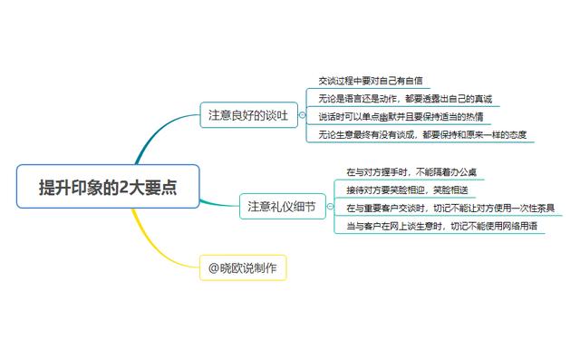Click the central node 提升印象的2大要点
pyautogui.click(x=108, y=186)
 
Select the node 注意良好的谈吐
pyautogui.click(x=248, y=115)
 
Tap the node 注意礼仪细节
pyautogui.click(x=283, y=206)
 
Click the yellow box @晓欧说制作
pyautogui.click(x=243, y=268)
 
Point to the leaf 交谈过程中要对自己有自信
pyautogui.click(x=371, y=81)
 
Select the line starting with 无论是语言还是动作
pyautogui.click(x=405, y=99)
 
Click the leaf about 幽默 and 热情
pyautogui.click(x=401, y=117)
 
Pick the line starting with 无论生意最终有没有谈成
pyautogui.click(x=422, y=134)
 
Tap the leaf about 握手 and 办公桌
pyautogui.click(x=411, y=172)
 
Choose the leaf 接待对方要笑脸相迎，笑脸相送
pyautogui.click(x=407, y=190)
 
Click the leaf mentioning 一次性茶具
pyautogui.click(x=450, y=208)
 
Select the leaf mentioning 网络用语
pyautogui.click(x=441, y=226)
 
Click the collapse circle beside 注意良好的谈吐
pyautogui.click(x=302, y=115)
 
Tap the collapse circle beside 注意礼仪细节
pyautogui.click(x=330, y=207)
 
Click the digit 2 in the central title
pyautogui.click(x=123, y=187)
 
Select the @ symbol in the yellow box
pyautogui.click(x=214, y=268)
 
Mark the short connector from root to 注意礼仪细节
pyautogui.click(x=219, y=204)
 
